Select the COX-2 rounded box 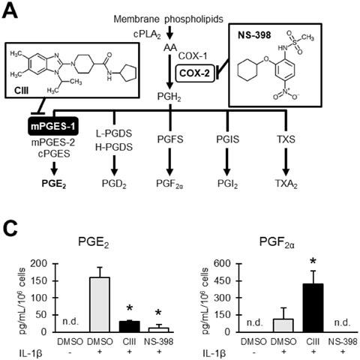[x=195, y=73]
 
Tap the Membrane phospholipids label [x=168, y=19]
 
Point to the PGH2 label [x=169, y=97]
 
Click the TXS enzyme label [x=286, y=139]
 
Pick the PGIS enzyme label [x=227, y=139]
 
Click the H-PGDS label [x=114, y=147]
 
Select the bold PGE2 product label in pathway [x=54, y=184]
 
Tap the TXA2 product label [x=286, y=184]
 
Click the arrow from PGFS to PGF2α [x=170, y=161]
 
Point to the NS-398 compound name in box [x=254, y=35]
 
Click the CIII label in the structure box [x=21, y=91]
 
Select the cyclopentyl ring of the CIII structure [x=128, y=72]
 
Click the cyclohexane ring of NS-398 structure [x=247, y=70]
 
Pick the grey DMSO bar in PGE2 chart [x=100, y=304]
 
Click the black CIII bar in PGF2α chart [x=313, y=307]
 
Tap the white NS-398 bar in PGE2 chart [x=159, y=330]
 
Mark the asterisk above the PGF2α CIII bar [x=313, y=262]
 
